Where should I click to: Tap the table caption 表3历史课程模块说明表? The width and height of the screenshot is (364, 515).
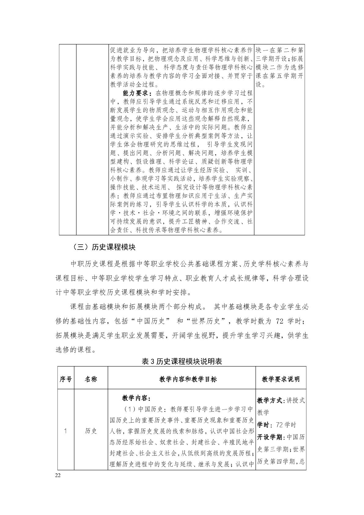click(x=182, y=361)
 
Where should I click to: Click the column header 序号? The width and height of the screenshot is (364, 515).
click(x=66, y=379)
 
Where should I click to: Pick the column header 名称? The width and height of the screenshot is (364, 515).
click(x=91, y=379)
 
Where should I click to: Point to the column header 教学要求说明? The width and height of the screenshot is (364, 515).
click(x=281, y=379)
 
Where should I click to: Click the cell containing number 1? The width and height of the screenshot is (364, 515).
click(x=66, y=431)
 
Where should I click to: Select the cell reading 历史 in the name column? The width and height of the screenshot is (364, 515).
click(x=91, y=431)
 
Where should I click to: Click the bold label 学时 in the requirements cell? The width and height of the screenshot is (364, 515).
click(x=263, y=425)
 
